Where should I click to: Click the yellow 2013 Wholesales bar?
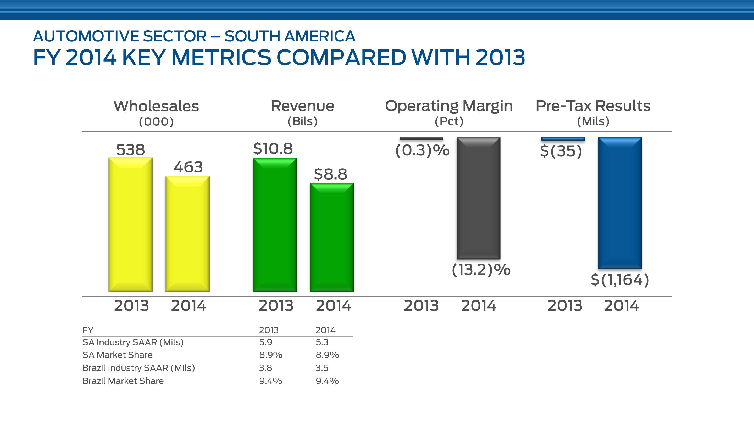[x=131, y=225]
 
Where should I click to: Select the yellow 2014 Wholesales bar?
[x=187, y=234]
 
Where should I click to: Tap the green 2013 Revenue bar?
[x=275, y=225]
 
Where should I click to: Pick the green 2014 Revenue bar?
[x=332, y=237]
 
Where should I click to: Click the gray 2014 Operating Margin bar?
[x=478, y=198]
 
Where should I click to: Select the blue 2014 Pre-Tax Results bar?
[x=620, y=203]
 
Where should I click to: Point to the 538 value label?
[x=131, y=150]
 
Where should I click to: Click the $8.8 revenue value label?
[x=330, y=174]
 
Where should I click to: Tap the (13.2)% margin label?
[x=481, y=270]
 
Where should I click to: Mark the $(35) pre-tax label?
[x=561, y=151]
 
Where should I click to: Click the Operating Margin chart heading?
[x=449, y=106]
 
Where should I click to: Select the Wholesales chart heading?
[x=156, y=106]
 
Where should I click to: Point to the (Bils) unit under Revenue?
[x=302, y=121]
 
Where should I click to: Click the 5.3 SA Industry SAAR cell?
[x=322, y=342]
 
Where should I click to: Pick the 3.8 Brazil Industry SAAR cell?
[x=265, y=368]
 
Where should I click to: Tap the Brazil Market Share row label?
[x=123, y=381]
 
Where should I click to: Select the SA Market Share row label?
[x=117, y=355]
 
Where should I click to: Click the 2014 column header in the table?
[x=325, y=330]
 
